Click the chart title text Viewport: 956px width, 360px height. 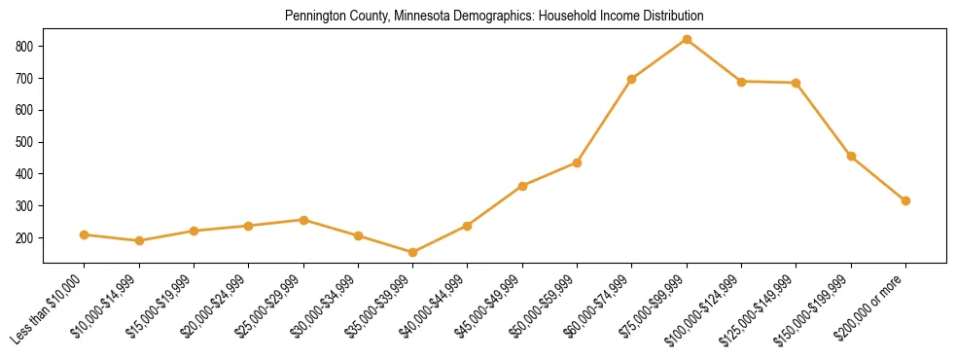pos(494,17)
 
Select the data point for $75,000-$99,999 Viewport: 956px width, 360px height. pos(687,39)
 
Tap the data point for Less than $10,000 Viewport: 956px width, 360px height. pos(85,234)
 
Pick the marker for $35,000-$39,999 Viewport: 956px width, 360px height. pos(412,252)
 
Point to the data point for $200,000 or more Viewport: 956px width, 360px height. pos(905,200)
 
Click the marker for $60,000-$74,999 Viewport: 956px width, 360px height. pos(632,79)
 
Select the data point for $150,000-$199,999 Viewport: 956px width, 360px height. pos(851,156)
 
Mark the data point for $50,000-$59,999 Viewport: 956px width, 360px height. pos(577,162)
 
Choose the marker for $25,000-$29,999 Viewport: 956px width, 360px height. pos(303,220)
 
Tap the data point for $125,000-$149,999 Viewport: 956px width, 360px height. pos(797,83)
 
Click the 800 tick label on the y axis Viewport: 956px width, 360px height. pos(25,46)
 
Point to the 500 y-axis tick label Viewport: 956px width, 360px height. pos(25,142)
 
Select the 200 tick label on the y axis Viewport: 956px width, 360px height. pos(25,238)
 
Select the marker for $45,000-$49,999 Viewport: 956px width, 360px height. pos(522,186)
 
